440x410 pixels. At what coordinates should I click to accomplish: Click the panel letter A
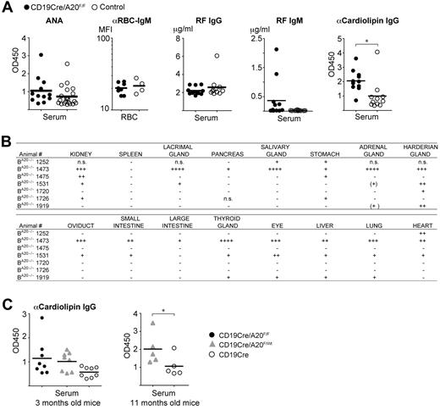tap(6, 7)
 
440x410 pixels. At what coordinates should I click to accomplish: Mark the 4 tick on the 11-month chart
tap(135, 316)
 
